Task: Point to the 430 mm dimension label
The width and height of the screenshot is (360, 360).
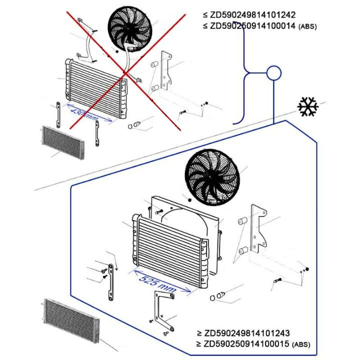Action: pos(84,114)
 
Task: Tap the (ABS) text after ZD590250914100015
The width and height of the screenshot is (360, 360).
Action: pos(300,344)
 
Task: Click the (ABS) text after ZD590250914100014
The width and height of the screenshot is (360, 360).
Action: pos(306,26)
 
